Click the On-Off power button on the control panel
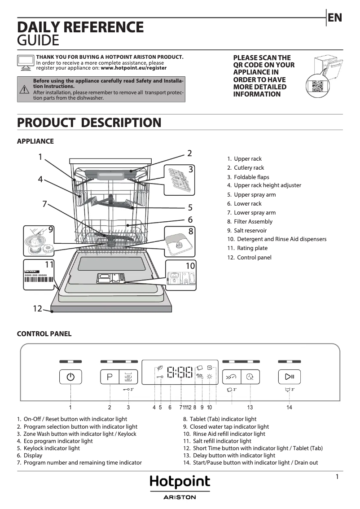click(x=70, y=377)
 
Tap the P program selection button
click(x=110, y=377)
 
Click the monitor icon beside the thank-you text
click(x=25, y=62)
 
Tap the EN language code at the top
click(x=335, y=18)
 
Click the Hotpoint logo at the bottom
click(x=180, y=482)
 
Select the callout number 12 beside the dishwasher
click(x=37, y=308)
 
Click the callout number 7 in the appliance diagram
click(x=44, y=204)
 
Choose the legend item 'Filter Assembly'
click(x=253, y=221)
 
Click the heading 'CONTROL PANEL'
click(x=44, y=334)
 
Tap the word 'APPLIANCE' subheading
click(x=35, y=141)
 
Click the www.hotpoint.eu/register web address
click(x=133, y=68)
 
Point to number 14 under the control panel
click(x=289, y=407)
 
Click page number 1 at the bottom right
click(x=337, y=477)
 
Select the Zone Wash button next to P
click(x=128, y=377)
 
